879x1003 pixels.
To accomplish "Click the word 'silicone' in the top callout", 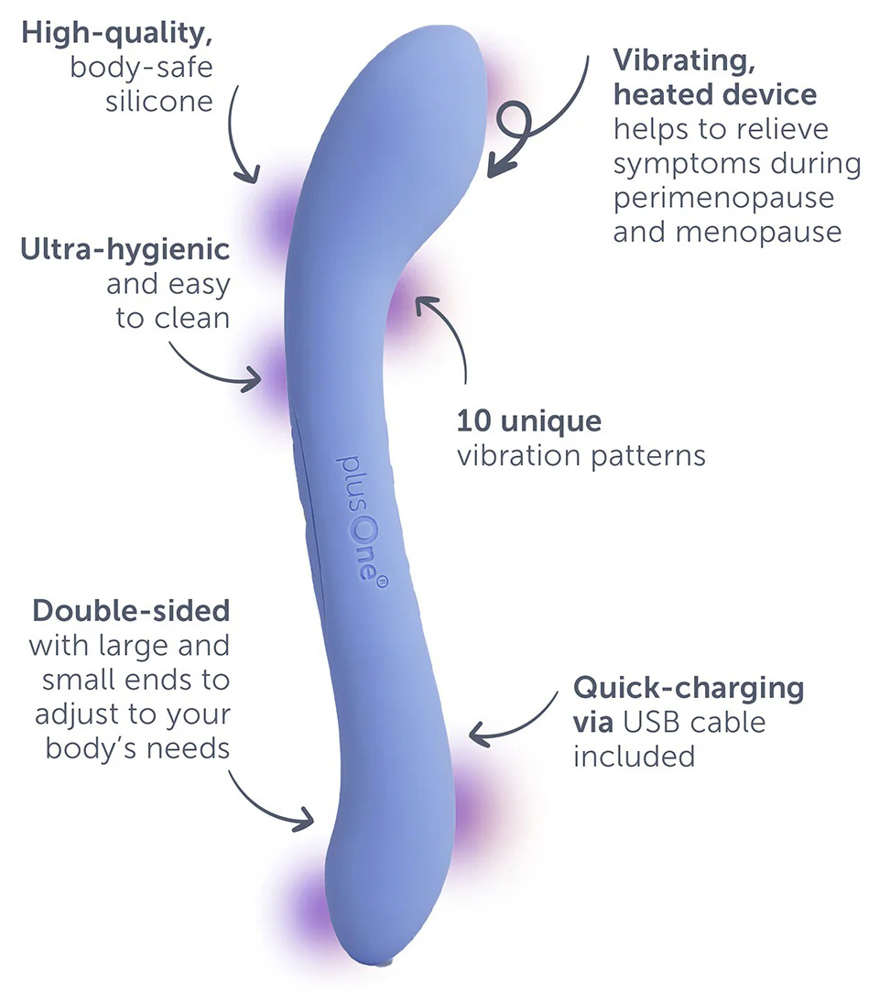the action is pyautogui.click(x=159, y=102).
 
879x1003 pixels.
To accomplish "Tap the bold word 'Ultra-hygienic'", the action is pyautogui.click(x=125, y=250).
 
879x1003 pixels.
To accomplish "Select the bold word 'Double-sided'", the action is pyautogui.click(x=131, y=611).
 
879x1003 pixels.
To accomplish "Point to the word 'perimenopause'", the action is pyautogui.click(x=723, y=199).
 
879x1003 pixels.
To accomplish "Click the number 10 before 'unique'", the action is pyautogui.click(x=473, y=421).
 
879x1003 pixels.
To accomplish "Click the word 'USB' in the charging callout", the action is pyautogui.click(x=650, y=723).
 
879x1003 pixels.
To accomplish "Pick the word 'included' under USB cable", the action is pyautogui.click(x=635, y=757).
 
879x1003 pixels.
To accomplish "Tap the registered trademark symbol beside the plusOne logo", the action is pyautogui.click(x=381, y=582).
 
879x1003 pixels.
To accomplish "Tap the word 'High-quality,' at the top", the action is pyautogui.click(x=117, y=34).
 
